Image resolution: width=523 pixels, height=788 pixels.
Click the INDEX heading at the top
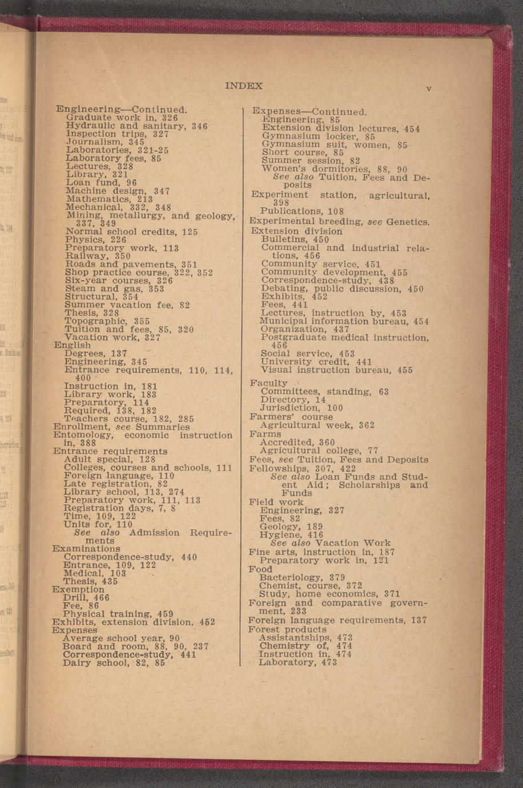pos(244,86)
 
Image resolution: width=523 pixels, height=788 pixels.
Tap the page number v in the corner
pos(428,89)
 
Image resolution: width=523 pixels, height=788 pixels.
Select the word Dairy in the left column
pos(74,663)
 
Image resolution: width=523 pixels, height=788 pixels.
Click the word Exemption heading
pos(78,589)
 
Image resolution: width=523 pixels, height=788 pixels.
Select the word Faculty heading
pos(268,383)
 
